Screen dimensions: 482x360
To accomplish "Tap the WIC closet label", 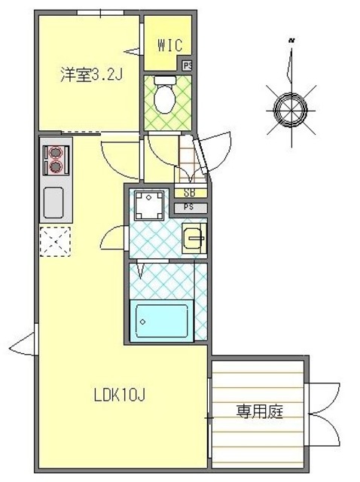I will pyautogui.click(x=170, y=44).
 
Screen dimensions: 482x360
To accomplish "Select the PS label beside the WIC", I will pyautogui.click(x=187, y=66).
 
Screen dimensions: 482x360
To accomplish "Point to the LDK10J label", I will pyautogui.click(x=120, y=395).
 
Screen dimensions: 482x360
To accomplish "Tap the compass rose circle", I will pyautogui.click(x=290, y=108).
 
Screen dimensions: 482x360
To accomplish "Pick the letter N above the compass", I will pyautogui.click(x=291, y=40).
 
